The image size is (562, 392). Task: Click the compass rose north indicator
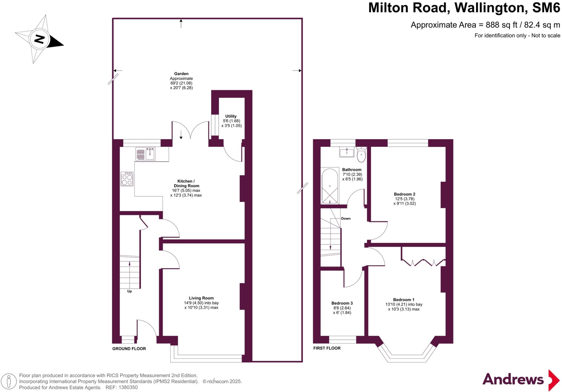(x=40, y=39)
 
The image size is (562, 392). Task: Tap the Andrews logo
(x=520, y=380)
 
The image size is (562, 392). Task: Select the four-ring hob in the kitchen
(x=127, y=179)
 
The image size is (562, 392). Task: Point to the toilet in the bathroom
(x=361, y=155)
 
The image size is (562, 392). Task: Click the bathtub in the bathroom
(x=330, y=186)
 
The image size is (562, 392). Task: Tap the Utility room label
(x=231, y=116)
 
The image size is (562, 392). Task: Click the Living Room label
(x=201, y=298)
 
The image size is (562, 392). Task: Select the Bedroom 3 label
(x=342, y=303)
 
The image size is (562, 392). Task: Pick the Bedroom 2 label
(x=404, y=194)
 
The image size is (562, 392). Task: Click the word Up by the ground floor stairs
(x=130, y=291)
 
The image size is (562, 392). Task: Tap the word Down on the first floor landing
(x=346, y=219)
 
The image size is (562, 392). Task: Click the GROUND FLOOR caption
(x=129, y=349)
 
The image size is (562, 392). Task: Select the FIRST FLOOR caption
(x=327, y=348)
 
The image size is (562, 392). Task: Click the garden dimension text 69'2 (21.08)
(x=181, y=83)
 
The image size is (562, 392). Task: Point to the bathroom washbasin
(x=347, y=152)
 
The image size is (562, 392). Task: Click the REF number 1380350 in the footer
(x=128, y=388)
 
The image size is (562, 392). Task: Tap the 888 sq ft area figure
(x=501, y=25)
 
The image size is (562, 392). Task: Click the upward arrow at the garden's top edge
(x=181, y=23)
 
